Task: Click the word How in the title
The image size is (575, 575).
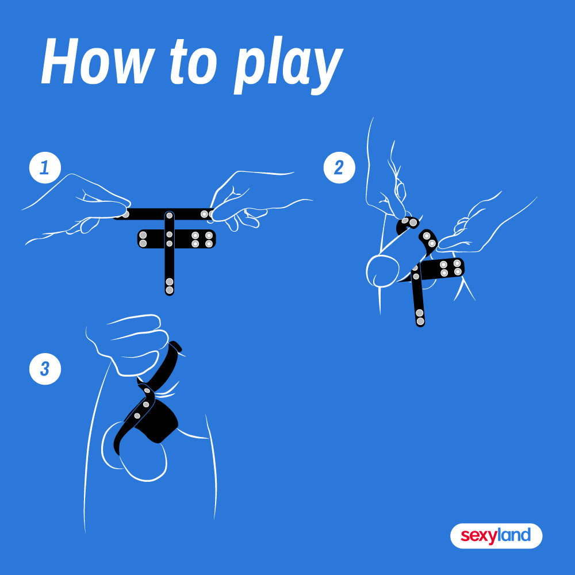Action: coord(97,62)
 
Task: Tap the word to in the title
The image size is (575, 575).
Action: coord(193,62)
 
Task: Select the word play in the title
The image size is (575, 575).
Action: coord(289,66)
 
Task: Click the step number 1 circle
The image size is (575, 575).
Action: coord(45,167)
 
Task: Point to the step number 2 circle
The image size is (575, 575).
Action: coord(339,167)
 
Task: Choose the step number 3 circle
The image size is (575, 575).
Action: coord(45,369)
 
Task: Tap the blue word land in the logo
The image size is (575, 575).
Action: coord(514,535)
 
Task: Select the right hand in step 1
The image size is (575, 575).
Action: coord(256,201)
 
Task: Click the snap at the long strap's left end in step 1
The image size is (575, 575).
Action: coord(125,214)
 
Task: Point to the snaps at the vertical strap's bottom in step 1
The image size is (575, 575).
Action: coord(170,286)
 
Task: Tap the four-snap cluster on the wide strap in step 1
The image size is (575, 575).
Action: coord(202,239)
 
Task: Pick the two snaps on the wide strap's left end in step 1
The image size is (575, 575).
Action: coord(143,239)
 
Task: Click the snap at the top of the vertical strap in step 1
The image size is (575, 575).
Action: coord(169,216)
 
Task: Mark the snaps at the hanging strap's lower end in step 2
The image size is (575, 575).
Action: coord(420,317)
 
